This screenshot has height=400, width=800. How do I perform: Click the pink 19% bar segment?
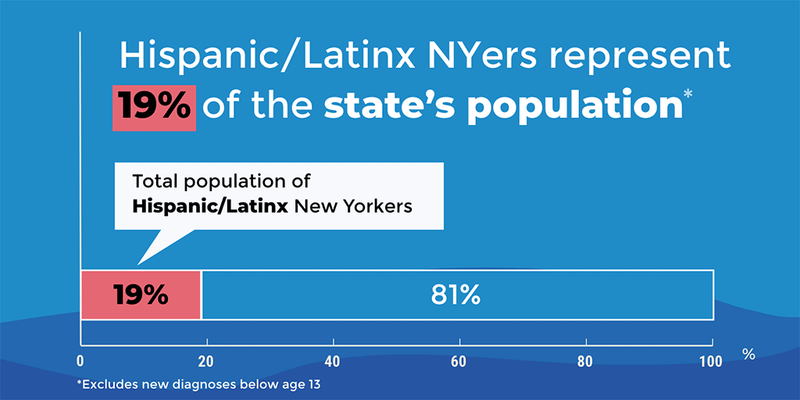pyautogui.click(x=141, y=295)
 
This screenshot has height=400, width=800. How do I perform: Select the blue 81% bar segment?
pyautogui.click(x=457, y=295)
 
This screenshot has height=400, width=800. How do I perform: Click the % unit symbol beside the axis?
pyautogui.click(x=748, y=355)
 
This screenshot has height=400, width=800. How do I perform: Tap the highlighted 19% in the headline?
pyautogui.click(x=153, y=107)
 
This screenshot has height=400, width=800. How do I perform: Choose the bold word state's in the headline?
pyautogui.click(x=390, y=106)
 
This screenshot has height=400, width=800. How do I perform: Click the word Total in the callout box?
pyautogui.click(x=153, y=181)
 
